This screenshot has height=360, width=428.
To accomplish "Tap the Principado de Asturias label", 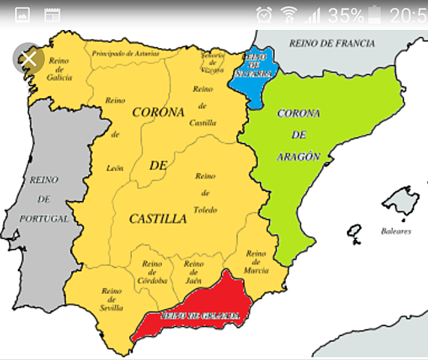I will click(125, 54).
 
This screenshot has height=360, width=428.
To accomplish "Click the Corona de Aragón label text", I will click(298, 135).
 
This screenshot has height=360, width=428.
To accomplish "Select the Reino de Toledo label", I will click(205, 192).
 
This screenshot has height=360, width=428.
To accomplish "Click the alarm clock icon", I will click(264, 14).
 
